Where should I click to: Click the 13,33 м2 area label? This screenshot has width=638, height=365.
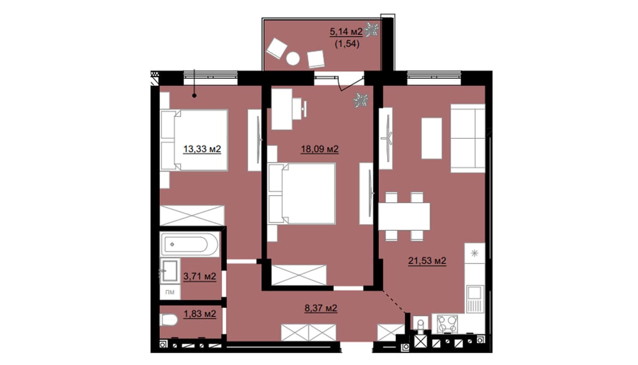tap(202, 149)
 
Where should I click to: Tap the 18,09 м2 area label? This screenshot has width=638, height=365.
tap(320, 149)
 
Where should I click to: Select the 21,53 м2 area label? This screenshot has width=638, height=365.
tap(427, 261)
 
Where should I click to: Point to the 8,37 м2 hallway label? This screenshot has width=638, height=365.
tap(321, 308)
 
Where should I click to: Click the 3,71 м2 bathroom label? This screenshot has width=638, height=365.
tap(200, 276)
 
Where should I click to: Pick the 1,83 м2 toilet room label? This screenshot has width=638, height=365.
tap(200, 314)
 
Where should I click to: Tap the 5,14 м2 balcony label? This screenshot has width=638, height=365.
tap(346, 31)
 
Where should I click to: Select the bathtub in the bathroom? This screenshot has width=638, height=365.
tap(190, 244)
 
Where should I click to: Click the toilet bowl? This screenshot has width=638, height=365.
tap(169, 320)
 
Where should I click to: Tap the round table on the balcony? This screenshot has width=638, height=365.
tap(293, 59)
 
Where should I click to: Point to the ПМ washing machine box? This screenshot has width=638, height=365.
tap(170, 292)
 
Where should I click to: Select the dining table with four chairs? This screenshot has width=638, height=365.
tap(404, 216)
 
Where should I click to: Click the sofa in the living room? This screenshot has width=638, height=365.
tap(468, 138)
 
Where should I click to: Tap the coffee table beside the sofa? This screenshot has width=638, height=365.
tap(432, 138)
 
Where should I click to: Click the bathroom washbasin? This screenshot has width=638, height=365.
tap(170, 271)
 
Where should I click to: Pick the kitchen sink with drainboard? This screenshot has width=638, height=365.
tap(475, 299)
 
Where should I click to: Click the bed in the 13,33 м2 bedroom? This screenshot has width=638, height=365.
tap(194, 140)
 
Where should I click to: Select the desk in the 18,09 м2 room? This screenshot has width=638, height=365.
tap(282, 110)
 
